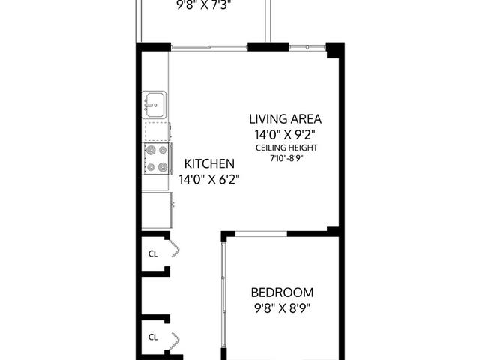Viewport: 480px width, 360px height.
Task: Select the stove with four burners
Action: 157,158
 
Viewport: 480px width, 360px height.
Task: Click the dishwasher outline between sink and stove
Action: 156,131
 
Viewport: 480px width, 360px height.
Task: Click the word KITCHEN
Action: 210,163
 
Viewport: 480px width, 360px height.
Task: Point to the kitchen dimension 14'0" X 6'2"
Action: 210,180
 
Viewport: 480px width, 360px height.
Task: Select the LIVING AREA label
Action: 286,118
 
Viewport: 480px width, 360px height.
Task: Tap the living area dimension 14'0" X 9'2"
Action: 286,134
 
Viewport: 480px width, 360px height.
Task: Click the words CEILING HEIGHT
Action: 286,148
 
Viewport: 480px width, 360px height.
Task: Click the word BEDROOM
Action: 282,292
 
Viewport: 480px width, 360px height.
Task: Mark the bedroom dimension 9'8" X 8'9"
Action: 282,308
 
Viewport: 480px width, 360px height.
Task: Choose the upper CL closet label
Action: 153,253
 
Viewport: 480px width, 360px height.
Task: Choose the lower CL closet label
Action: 153,337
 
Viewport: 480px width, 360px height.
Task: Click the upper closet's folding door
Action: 174,250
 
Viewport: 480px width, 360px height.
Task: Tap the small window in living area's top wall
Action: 308,48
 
